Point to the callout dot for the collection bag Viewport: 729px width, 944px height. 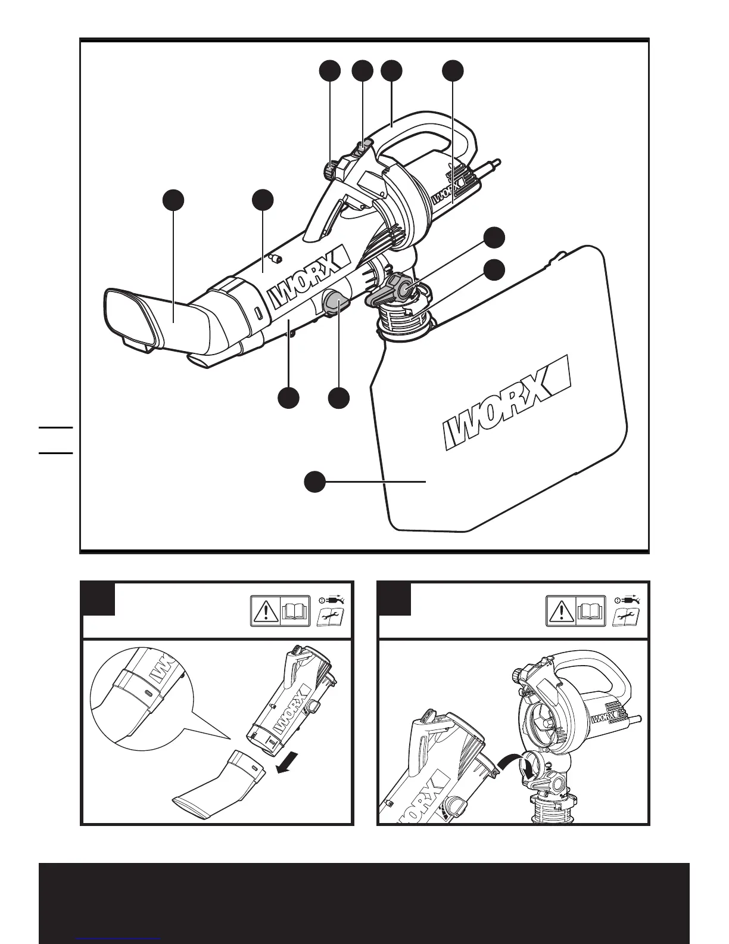[315, 482]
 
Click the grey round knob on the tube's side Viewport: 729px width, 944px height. [336, 304]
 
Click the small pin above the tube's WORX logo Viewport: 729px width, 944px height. [276, 259]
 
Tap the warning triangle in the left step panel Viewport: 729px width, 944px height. [265, 611]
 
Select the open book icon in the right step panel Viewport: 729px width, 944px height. [590, 611]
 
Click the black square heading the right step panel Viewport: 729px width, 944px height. [395, 599]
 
